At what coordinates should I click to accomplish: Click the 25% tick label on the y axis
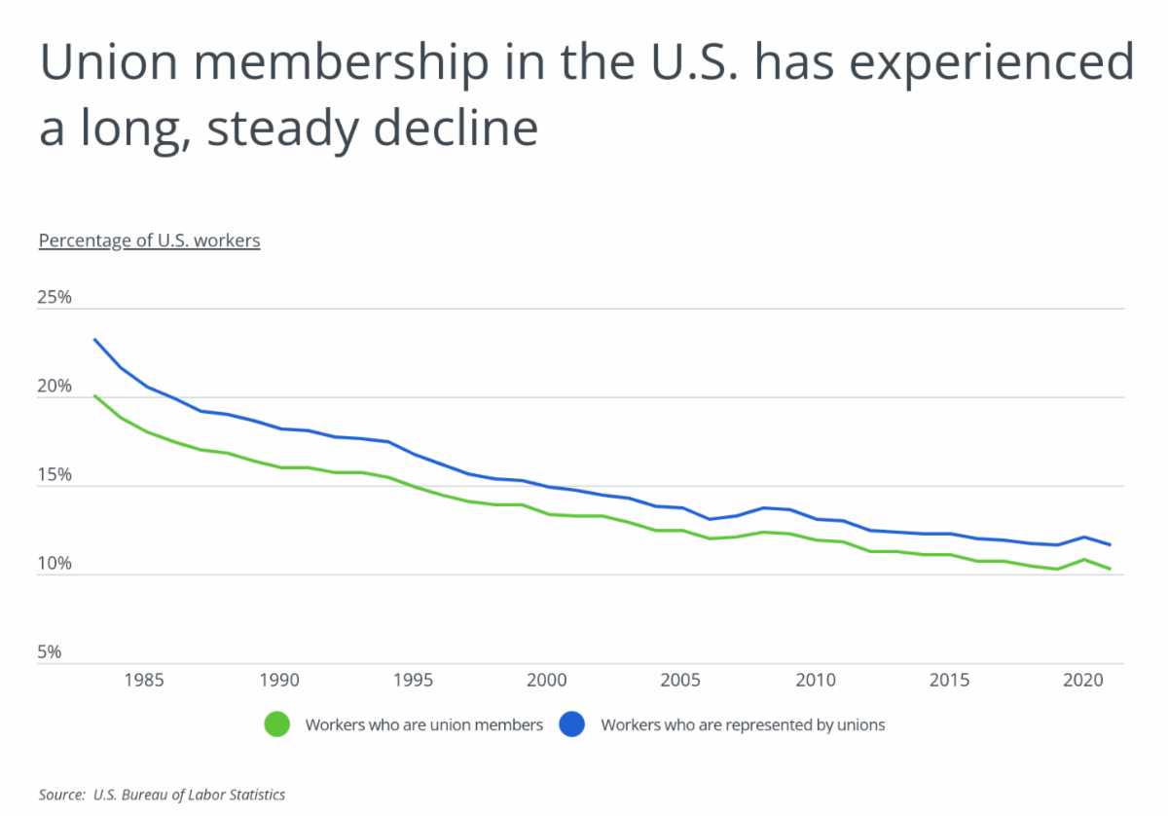[x=55, y=298]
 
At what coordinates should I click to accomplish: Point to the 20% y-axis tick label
[x=55, y=387]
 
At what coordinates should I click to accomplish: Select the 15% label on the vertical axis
[x=55, y=475]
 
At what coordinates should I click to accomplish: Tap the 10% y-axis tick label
[x=55, y=564]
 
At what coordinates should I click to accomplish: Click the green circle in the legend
[x=277, y=724]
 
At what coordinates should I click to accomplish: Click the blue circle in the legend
[x=571, y=724]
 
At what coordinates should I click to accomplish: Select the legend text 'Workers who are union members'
[x=423, y=724]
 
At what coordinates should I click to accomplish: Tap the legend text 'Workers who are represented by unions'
[x=743, y=724]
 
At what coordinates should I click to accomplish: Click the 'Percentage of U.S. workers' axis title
[x=149, y=241]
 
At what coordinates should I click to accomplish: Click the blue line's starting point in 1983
[x=94, y=339]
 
